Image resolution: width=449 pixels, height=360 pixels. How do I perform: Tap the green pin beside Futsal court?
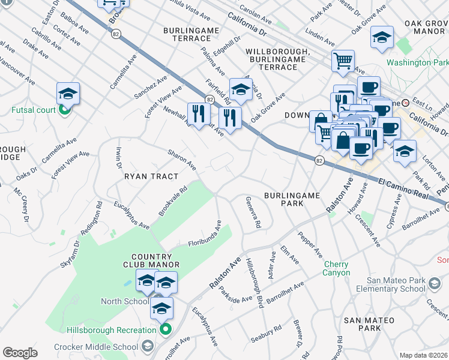click(65, 110)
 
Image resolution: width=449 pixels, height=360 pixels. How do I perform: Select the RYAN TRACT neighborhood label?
click(151, 176)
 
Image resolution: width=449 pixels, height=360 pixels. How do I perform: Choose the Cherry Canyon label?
click(337, 268)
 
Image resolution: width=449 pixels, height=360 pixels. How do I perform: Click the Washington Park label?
click(417, 62)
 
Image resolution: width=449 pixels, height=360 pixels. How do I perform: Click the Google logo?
click(20, 353)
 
